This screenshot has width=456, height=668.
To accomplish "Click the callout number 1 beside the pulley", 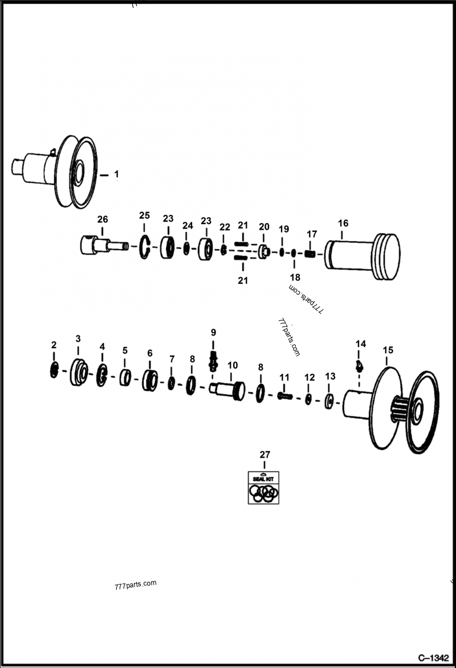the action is click(x=116, y=173).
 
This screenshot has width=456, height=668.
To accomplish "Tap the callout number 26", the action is click(x=102, y=219).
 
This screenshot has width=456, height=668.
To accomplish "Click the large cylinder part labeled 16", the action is click(x=359, y=255).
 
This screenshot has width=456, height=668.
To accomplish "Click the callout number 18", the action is click(x=295, y=276).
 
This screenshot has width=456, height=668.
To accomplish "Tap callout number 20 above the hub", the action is click(x=264, y=226).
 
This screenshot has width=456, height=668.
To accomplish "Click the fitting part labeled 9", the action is click(x=214, y=361).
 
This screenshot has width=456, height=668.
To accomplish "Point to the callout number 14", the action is click(x=361, y=344).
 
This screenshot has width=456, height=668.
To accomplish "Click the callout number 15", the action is click(x=388, y=349).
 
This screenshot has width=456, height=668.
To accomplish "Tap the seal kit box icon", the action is click(x=264, y=488).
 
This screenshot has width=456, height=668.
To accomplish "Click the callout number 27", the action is click(x=264, y=454).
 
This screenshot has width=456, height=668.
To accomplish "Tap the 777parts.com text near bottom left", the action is click(x=135, y=585).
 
